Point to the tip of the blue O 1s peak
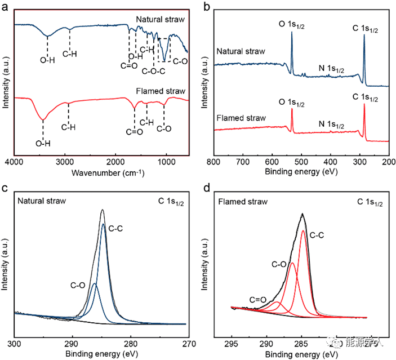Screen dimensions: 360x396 (292, 32)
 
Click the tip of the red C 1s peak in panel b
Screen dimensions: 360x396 (364, 104)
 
